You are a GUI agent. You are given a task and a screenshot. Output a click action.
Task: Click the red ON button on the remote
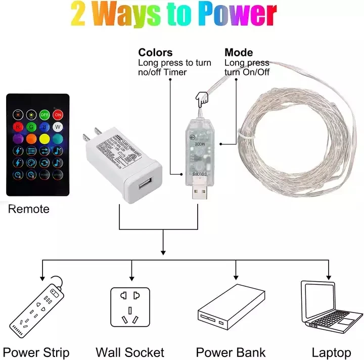coord(58,114)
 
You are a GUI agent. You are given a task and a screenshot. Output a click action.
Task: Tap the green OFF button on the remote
coord(44,114)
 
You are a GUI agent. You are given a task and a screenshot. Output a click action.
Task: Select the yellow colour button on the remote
coord(44,138)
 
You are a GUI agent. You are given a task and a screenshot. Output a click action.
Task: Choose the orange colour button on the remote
coord(31,138)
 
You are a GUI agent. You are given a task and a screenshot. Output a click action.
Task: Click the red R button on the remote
coord(18,126)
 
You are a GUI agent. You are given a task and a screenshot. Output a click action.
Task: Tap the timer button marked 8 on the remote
coord(31,175)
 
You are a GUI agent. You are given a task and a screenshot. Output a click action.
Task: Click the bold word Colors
coord(155,53)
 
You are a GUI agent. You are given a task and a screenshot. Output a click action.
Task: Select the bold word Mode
coord(239,53)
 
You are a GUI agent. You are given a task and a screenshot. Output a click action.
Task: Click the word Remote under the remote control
coord(29,209)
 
